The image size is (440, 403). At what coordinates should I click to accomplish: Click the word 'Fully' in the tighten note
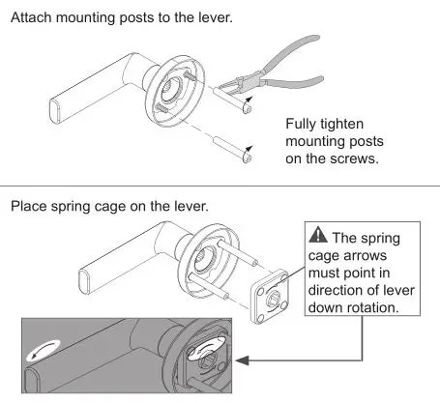(305, 125)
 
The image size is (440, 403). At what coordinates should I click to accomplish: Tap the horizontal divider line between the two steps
(220, 187)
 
